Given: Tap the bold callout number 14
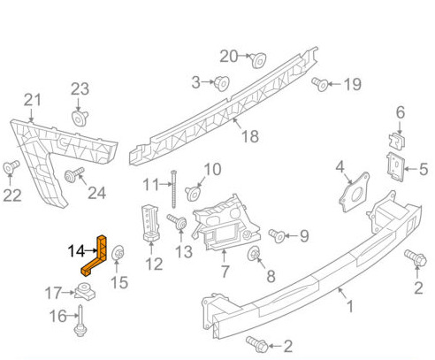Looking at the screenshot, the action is pyautogui.click(x=76, y=251).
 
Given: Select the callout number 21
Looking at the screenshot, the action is pyautogui.click(x=33, y=100).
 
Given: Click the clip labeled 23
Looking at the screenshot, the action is pyautogui.click(x=80, y=118).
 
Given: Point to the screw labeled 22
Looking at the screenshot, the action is pyautogui.click(x=11, y=167).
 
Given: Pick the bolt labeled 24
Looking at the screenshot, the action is pyautogui.click(x=74, y=175).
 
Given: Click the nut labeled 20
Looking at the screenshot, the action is pyautogui.click(x=258, y=60).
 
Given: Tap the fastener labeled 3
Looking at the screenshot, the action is pyautogui.click(x=222, y=83).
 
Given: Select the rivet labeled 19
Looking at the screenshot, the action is pyautogui.click(x=320, y=84).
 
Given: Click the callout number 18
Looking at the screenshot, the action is pyautogui.click(x=250, y=136).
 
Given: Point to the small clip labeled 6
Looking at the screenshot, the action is pyautogui.click(x=397, y=141).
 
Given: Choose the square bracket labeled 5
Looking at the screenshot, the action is pyautogui.click(x=396, y=167).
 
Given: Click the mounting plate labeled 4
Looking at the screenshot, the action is pyautogui.click(x=354, y=192).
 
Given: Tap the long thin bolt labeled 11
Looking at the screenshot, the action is pyautogui.click(x=173, y=188).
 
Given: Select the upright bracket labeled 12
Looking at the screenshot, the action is pyautogui.click(x=151, y=223).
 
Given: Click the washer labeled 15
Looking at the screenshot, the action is pyautogui.click(x=118, y=253).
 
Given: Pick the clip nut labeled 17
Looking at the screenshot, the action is pyautogui.click(x=85, y=291).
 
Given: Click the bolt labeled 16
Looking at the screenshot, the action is pyautogui.click(x=80, y=320).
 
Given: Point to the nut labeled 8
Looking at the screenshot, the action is pyautogui.click(x=254, y=254).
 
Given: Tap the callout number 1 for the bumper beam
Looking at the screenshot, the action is pyautogui.click(x=350, y=307).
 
